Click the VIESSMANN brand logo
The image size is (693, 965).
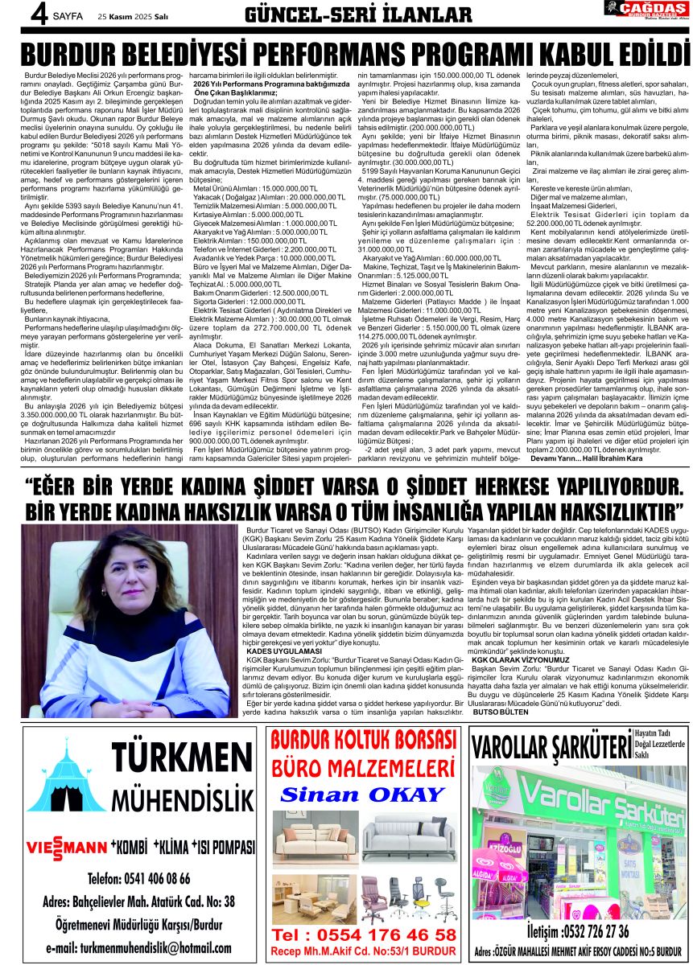(67, 848)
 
